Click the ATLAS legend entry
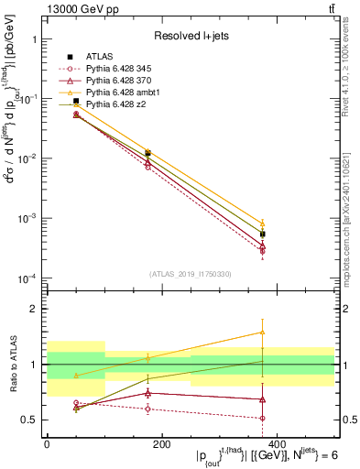point(99,57)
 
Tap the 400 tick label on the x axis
point(276,444)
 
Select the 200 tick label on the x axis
point(161,444)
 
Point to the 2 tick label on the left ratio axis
point(34,310)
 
